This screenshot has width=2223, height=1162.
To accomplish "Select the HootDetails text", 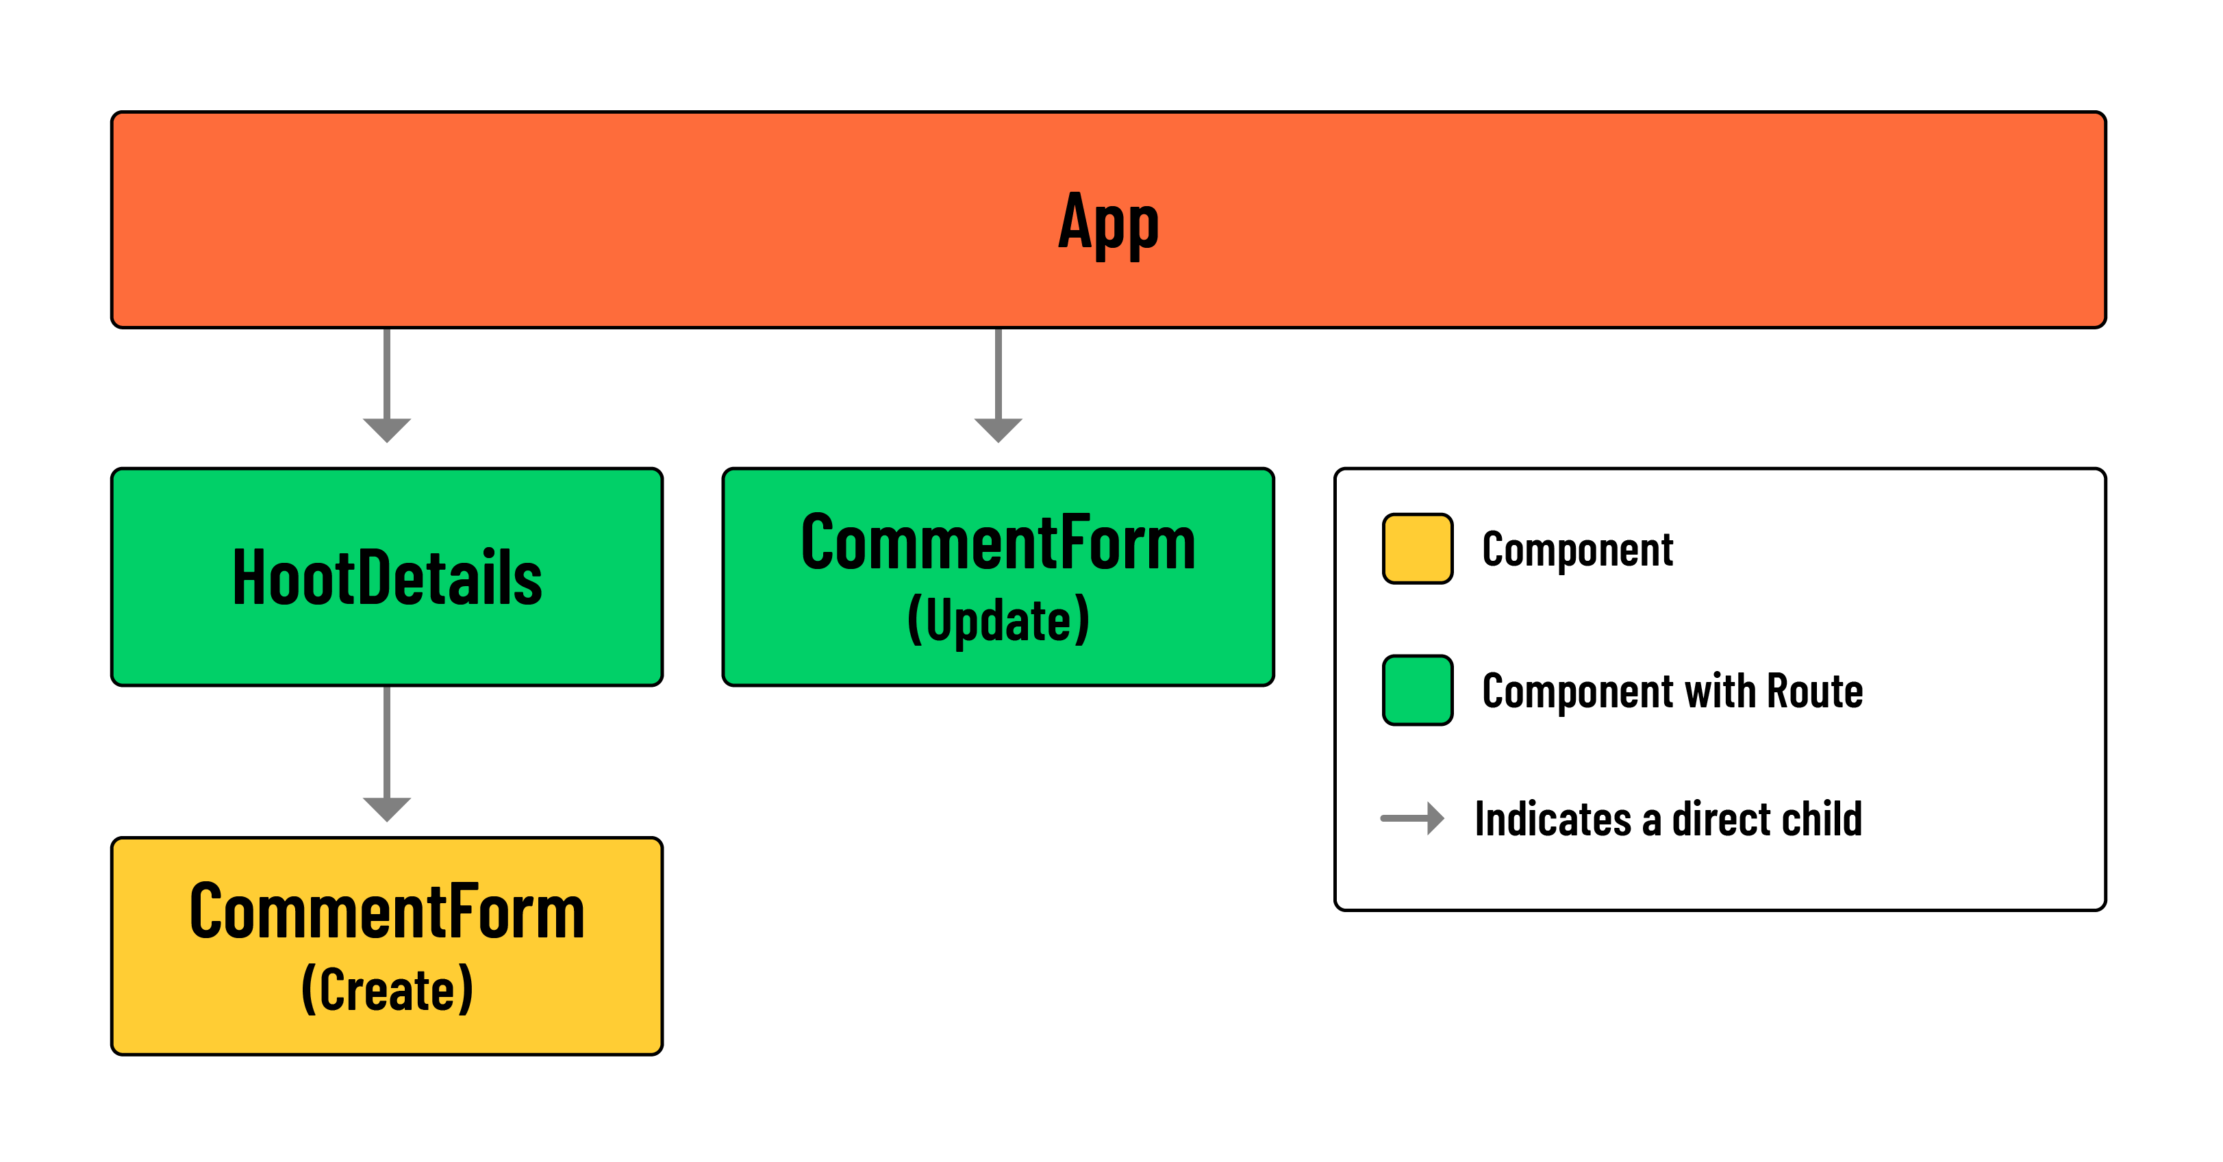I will point(387,578).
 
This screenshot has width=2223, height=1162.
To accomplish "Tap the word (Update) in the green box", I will point(999,620).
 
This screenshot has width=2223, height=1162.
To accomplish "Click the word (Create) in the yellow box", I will point(387,989).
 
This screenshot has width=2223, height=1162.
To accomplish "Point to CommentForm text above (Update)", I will point(999,544).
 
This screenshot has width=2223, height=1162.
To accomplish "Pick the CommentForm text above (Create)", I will point(387,912).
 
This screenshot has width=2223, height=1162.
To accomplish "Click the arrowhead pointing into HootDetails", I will point(387,429).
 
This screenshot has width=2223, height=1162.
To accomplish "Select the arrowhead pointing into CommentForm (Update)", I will point(999,429).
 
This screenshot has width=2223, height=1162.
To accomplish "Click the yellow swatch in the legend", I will point(1417,548).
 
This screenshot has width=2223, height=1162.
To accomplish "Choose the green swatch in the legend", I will point(1417,690).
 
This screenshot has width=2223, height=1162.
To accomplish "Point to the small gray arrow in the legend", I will point(1413,818).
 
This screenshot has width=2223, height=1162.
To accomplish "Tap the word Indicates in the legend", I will point(1553,819).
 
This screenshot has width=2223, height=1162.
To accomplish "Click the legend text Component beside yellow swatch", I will point(1577,550).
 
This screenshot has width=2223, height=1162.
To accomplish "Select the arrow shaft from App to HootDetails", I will point(387,372).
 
